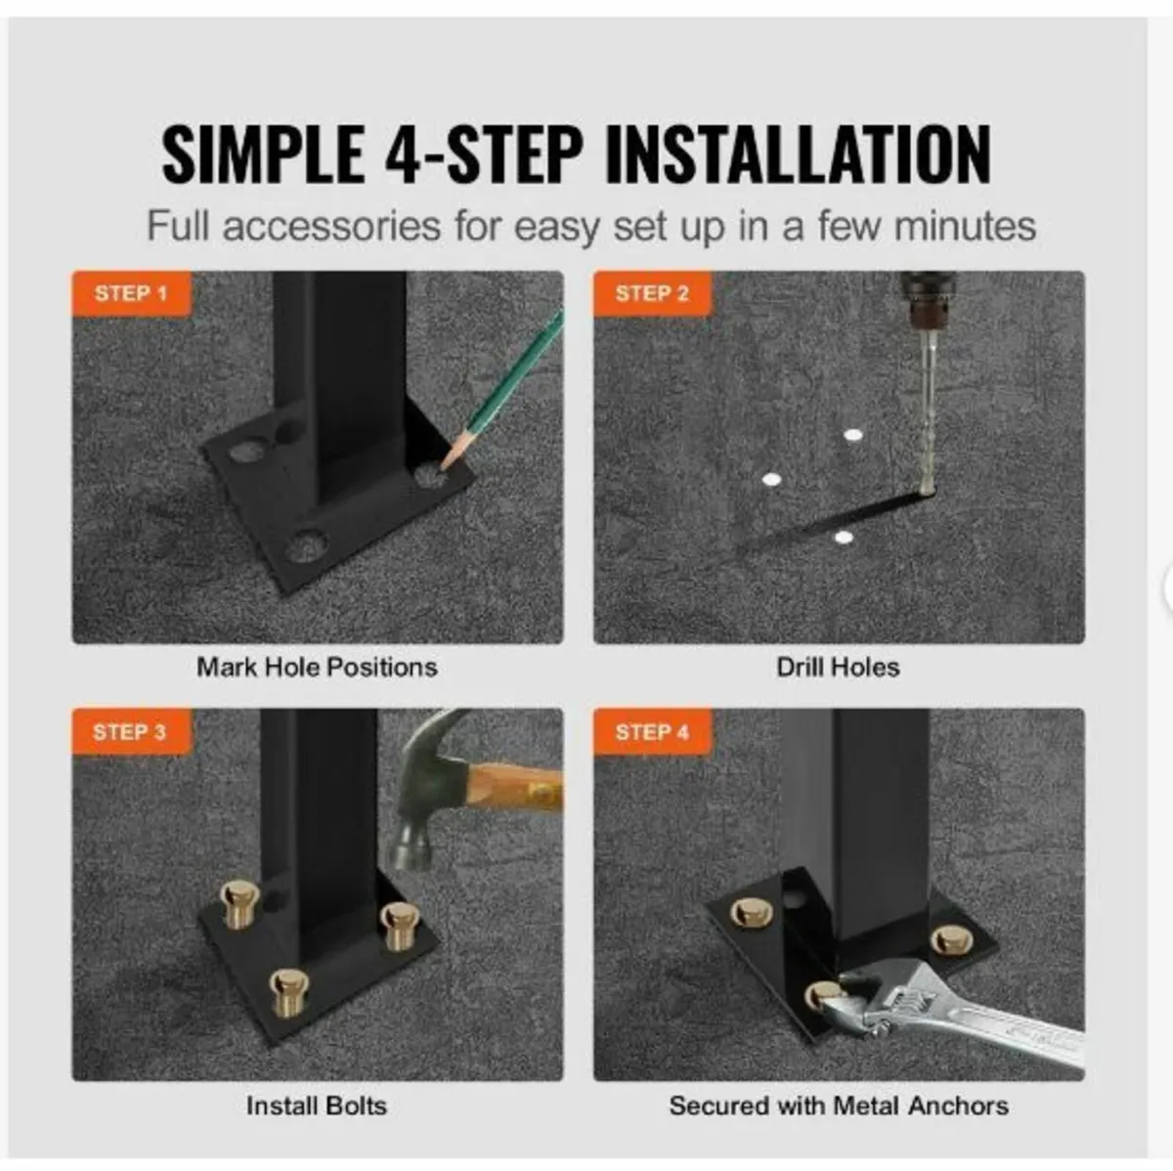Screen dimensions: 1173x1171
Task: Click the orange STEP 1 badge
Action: click(x=131, y=293)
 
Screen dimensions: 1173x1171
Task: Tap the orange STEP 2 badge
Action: click(x=652, y=293)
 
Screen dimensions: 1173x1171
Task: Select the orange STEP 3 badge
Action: click(x=131, y=731)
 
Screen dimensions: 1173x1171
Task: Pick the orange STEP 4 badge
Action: click(x=652, y=731)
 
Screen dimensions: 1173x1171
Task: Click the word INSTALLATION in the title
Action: click(x=800, y=154)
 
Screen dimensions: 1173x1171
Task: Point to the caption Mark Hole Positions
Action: click(x=317, y=668)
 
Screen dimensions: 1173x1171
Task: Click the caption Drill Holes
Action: click(x=838, y=668)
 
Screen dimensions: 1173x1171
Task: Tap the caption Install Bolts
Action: click(x=317, y=1106)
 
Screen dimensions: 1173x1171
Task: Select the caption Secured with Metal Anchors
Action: click(x=839, y=1106)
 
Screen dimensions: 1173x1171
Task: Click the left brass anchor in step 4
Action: click(x=752, y=912)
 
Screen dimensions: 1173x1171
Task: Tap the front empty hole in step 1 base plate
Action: click(x=305, y=545)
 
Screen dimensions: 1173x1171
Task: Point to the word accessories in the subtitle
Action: click(x=331, y=227)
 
